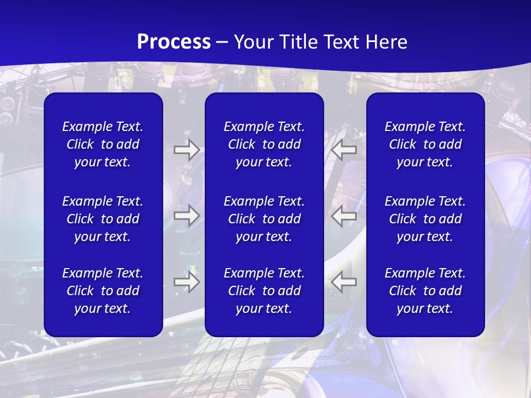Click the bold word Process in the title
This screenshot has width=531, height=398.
click(174, 42)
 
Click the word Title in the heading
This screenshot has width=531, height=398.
click(296, 42)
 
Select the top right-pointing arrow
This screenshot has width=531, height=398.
click(186, 150)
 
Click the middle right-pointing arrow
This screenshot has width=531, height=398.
click(186, 215)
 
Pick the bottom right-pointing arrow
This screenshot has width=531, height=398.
click(186, 282)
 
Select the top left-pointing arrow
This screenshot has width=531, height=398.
click(344, 150)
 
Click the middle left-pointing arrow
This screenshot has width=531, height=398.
click(344, 215)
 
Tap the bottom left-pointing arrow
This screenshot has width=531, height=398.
click(344, 282)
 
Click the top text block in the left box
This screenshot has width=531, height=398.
click(103, 144)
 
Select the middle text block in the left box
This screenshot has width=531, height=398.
click(103, 219)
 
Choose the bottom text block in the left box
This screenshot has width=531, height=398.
click(103, 291)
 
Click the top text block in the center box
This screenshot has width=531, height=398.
click(264, 144)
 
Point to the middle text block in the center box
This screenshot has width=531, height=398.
click(264, 219)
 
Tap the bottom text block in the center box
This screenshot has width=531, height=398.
click(264, 291)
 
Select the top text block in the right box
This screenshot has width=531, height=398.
click(425, 144)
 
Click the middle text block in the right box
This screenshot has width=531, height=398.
click(425, 219)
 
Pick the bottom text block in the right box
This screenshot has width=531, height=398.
click(425, 291)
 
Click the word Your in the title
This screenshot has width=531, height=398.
click(253, 42)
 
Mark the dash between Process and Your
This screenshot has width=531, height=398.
click(222, 43)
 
